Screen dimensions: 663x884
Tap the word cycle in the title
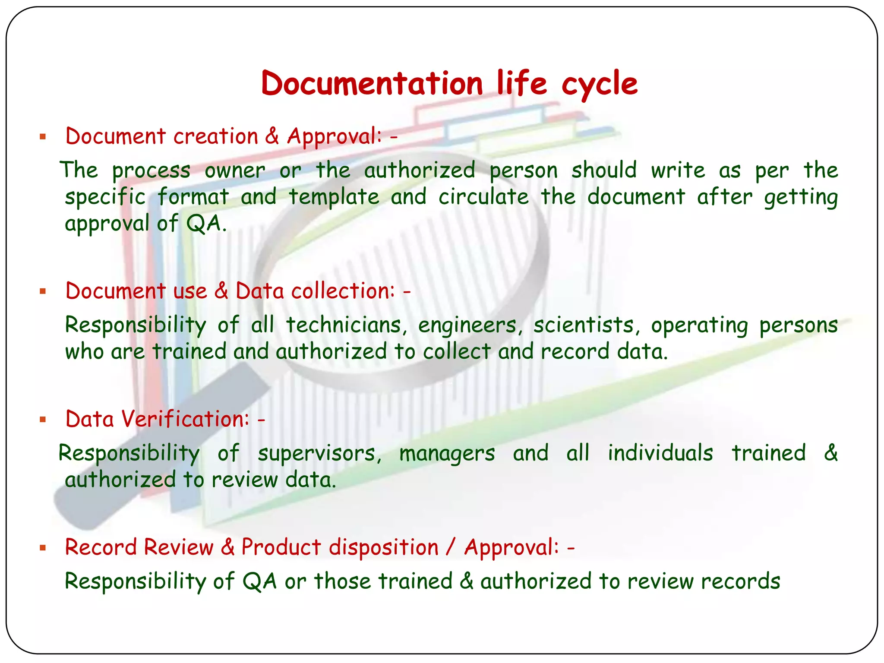(x=599, y=85)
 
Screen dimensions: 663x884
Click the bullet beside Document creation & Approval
(x=42, y=137)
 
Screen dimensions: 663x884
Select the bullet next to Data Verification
(x=42, y=420)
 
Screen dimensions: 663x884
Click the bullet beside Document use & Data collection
(x=42, y=292)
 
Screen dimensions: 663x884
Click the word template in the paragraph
(x=334, y=197)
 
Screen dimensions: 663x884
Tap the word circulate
(x=483, y=197)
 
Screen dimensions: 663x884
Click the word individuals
(x=660, y=453)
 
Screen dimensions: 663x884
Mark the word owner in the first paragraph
(x=235, y=170)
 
